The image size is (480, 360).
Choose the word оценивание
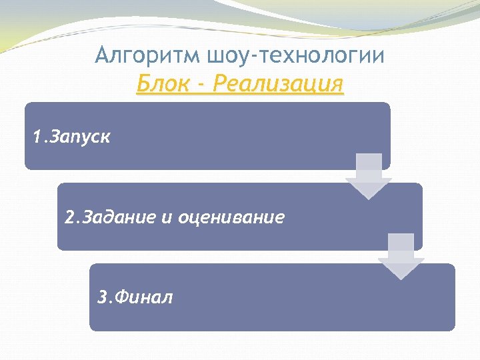pyautogui.click(x=231, y=217)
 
